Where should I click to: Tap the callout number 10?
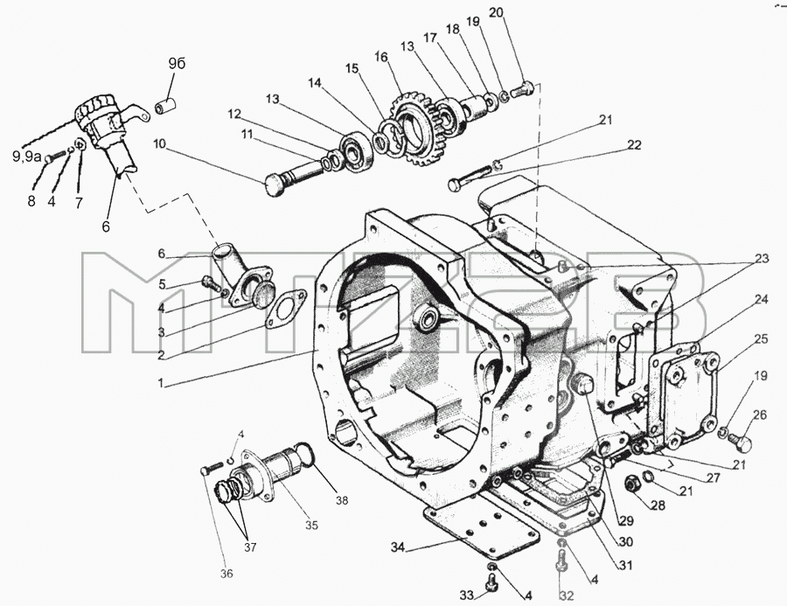(x=159, y=144)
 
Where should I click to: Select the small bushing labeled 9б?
(x=167, y=107)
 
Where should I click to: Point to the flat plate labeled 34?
(x=483, y=532)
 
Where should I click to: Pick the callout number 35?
(x=311, y=526)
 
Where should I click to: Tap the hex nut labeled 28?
(x=630, y=484)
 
